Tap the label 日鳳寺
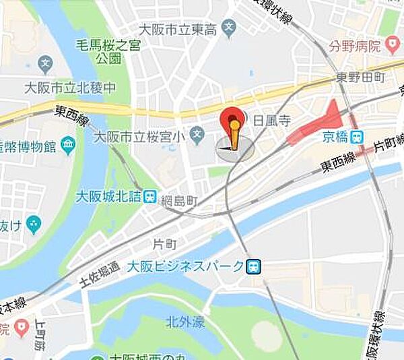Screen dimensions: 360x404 (271, 121)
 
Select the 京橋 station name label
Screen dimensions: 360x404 (334, 136)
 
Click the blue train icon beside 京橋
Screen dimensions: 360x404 (358, 136)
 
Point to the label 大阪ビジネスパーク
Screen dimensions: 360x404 (185, 266)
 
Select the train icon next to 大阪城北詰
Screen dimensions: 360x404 (149, 198)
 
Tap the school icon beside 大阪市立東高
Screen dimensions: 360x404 (229, 29)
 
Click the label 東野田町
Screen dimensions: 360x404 (360, 78)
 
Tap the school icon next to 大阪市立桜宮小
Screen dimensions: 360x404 (197, 136)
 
